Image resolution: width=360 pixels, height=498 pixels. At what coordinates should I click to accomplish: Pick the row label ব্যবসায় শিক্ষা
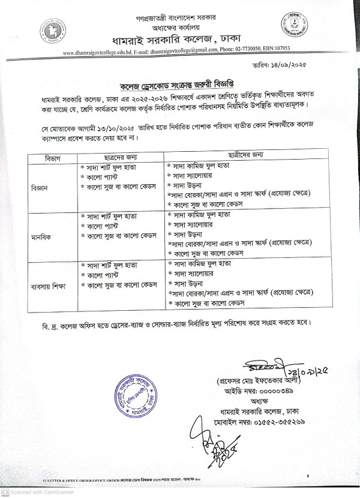point(48,286)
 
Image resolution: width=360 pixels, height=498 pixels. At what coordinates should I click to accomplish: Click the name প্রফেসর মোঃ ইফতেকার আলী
point(259,382)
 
